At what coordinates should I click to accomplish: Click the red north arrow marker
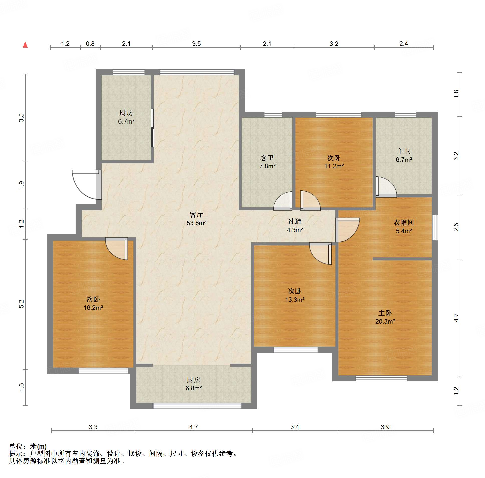pyautogui.click(x=25, y=45)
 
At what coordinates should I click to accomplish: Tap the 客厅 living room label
pyautogui.click(x=196, y=215)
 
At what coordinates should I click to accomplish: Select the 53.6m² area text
pyautogui.click(x=196, y=223)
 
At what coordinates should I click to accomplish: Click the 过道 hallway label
pyautogui.click(x=295, y=221)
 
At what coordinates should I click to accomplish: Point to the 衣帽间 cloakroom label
pyautogui.click(x=403, y=222)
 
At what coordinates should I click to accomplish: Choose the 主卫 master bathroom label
pyautogui.click(x=404, y=151)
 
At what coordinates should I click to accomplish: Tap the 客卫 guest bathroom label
pyautogui.click(x=267, y=158)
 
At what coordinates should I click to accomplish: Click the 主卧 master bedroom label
pyautogui.click(x=385, y=313)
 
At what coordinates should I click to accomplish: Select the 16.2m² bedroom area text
pyautogui.click(x=93, y=308)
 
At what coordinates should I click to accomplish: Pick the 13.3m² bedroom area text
pyautogui.click(x=295, y=300)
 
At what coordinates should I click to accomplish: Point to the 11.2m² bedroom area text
pyautogui.click(x=334, y=166)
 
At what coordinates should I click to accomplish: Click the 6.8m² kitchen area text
pyautogui.click(x=194, y=388)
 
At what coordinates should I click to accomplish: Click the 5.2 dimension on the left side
pyautogui.click(x=22, y=304)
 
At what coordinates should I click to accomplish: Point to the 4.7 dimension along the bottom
pyautogui.click(x=194, y=427)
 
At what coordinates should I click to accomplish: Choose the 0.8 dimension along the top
pyautogui.click(x=90, y=44)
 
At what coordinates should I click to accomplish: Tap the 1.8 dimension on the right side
pyautogui.click(x=456, y=94)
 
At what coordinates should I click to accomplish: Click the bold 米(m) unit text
pyautogui.click(x=38, y=446)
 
